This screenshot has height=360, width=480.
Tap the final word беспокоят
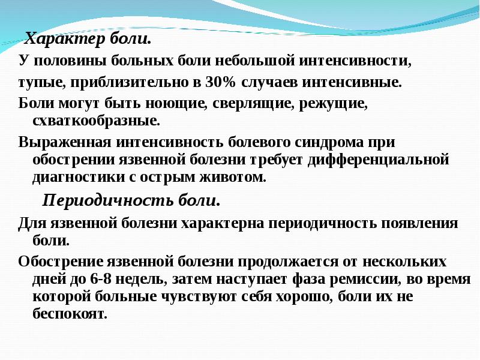click(70, 314)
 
